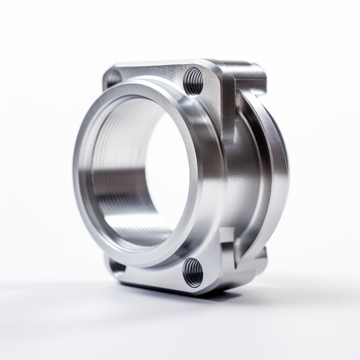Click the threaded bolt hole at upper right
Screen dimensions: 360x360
[193, 81]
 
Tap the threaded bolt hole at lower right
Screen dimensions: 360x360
[193, 272]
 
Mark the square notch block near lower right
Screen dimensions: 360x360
[229, 243]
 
